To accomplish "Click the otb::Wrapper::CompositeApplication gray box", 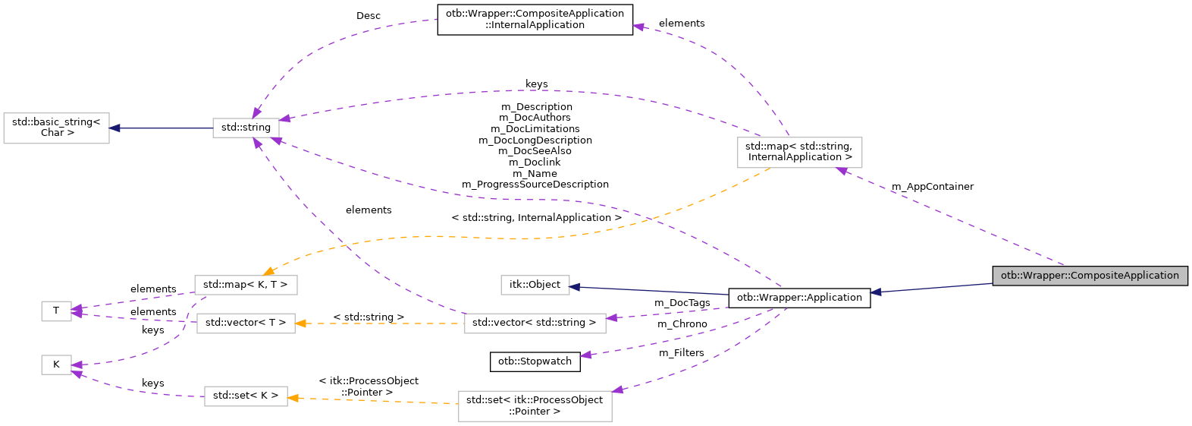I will click(x=1089, y=276).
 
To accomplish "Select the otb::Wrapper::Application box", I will click(x=798, y=298).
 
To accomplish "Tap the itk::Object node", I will click(x=535, y=285).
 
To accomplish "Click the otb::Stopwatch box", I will click(x=535, y=361).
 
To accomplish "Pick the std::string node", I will click(x=246, y=128).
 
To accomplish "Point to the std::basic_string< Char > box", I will click(x=57, y=128).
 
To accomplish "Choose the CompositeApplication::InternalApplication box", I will click(x=535, y=19).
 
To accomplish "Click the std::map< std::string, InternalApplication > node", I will click(x=798, y=152).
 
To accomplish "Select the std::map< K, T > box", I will click(x=246, y=285).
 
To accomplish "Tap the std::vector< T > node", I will click(x=246, y=323).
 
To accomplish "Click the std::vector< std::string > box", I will click(x=535, y=323).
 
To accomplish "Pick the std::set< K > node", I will click(x=246, y=396).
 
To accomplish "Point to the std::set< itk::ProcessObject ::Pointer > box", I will click(x=535, y=405).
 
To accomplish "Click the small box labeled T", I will click(x=56, y=311).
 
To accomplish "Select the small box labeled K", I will click(x=56, y=364).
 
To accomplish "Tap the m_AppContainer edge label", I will click(x=932, y=187).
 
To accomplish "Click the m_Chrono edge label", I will click(x=682, y=324).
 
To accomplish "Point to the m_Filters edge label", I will click(x=681, y=353).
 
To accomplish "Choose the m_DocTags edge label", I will click(x=682, y=303).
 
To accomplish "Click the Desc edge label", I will click(x=369, y=16).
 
